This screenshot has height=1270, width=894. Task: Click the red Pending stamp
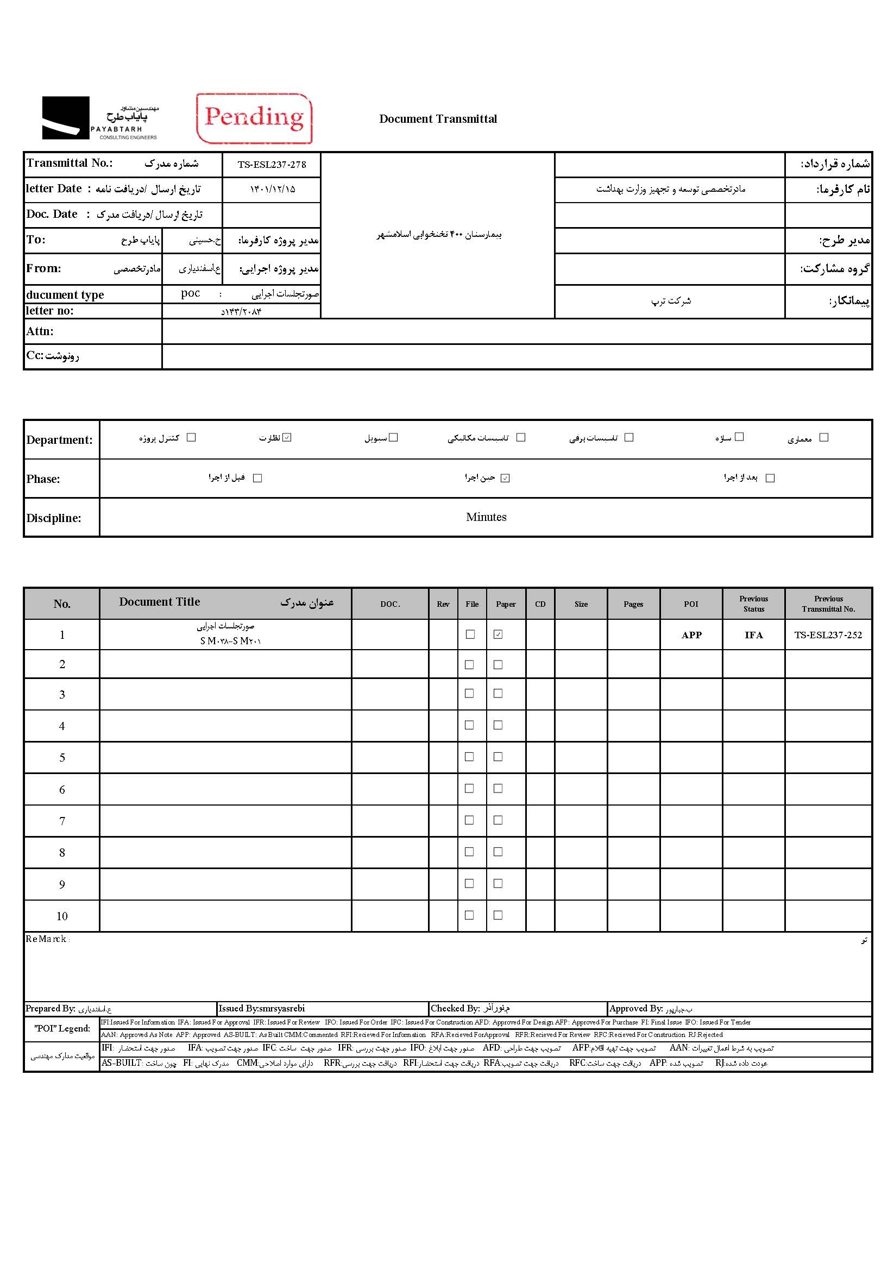pos(254,118)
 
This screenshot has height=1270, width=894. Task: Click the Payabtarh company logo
pos(100,118)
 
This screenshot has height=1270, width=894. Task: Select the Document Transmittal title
pos(438,119)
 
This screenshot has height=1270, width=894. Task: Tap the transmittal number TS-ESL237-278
pos(272,165)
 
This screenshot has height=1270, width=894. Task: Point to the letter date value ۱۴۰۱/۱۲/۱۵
pos(272,189)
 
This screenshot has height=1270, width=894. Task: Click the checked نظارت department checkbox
pos(287,437)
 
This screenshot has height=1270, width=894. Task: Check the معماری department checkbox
pos(824,437)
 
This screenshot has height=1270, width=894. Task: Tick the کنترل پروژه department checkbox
pos(191,437)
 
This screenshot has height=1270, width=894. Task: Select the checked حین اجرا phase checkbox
pos(505,479)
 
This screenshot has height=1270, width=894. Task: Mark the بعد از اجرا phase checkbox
pos(770,479)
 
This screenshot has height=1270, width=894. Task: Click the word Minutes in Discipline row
pos(486,517)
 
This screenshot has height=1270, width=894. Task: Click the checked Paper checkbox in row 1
pos(498,634)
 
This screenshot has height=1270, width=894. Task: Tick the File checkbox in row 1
pos(470,634)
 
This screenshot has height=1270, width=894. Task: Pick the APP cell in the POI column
pos(691,635)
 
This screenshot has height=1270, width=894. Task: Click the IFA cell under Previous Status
pos(753,635)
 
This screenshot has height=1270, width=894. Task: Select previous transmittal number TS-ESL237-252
pos(828,635)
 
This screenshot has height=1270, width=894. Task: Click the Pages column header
pos(633,604)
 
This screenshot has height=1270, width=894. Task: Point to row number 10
pos(62,916)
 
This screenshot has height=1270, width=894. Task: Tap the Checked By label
pos(455,1008)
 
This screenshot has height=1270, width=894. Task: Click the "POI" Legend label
pos(62,1028)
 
